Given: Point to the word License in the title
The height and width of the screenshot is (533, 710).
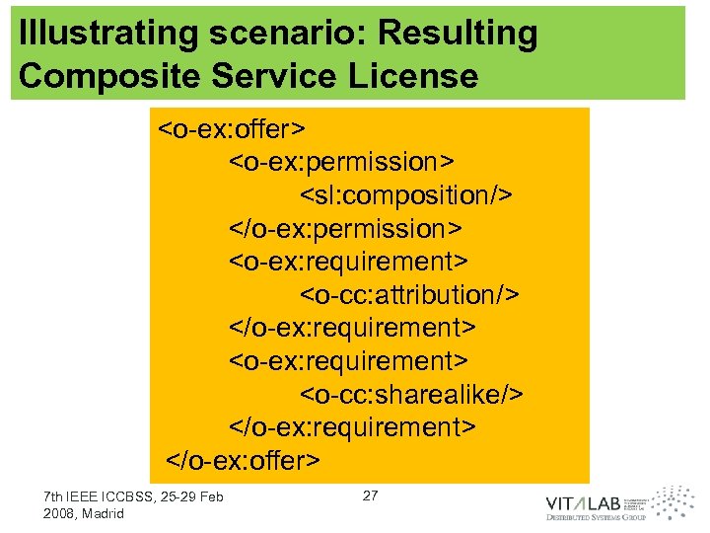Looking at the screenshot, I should (417, 76).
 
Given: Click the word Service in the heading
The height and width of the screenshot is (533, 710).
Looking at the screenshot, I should (266, 76).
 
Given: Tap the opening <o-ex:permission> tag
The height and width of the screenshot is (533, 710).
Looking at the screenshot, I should (341, 161).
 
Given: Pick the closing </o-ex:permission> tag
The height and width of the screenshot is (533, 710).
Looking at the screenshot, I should (345, 228).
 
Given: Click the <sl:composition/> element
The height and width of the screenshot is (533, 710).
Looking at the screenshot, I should (406, 194).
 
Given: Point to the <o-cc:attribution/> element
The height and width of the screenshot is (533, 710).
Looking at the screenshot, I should (409, 294).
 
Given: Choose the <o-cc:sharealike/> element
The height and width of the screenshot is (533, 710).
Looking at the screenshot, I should (411, 394).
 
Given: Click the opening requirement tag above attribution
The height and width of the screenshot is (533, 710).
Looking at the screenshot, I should (348, 261).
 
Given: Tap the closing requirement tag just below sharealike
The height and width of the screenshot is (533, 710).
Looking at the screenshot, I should (352, 426).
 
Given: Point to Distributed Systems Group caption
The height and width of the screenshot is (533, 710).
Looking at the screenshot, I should (596, 517).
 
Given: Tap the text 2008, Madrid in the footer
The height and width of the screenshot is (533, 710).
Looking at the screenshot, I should (85, 514).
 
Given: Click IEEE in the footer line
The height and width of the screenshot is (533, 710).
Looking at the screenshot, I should (84, 496).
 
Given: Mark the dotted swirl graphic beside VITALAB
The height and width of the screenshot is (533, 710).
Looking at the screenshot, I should (674, 501).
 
